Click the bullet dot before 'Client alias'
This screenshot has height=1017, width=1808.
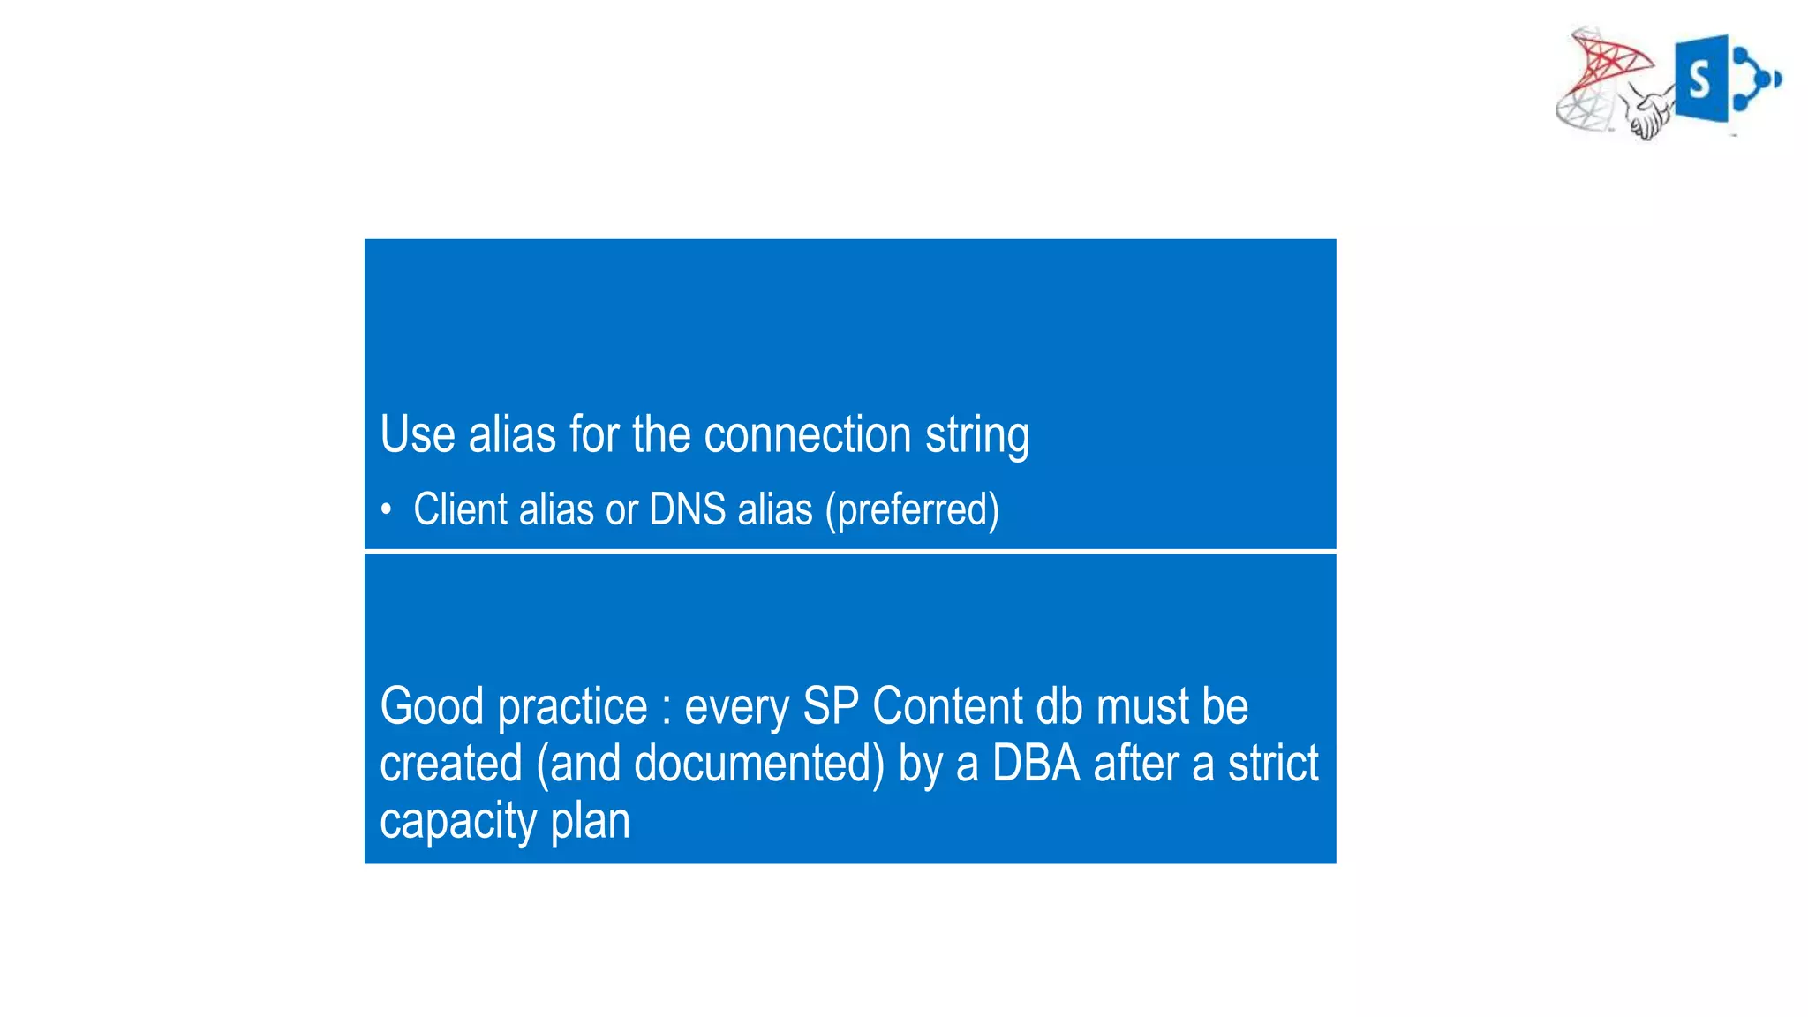point(386,509)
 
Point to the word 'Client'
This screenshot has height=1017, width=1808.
point(459,509)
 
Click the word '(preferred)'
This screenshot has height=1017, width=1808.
point(912,510)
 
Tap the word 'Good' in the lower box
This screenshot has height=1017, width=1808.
point(432,706)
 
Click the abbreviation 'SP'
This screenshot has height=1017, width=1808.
point(830,706)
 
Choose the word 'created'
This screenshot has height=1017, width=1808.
point(450,764)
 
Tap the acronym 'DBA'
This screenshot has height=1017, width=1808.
point(1036,764)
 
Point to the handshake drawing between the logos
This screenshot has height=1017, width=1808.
point(1648,113)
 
